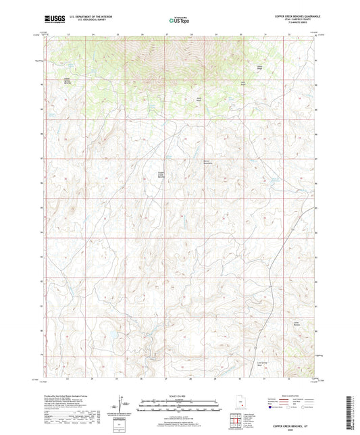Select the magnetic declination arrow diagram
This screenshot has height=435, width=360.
[x=122, y=406]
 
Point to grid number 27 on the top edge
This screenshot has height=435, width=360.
[x=167, y=34]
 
